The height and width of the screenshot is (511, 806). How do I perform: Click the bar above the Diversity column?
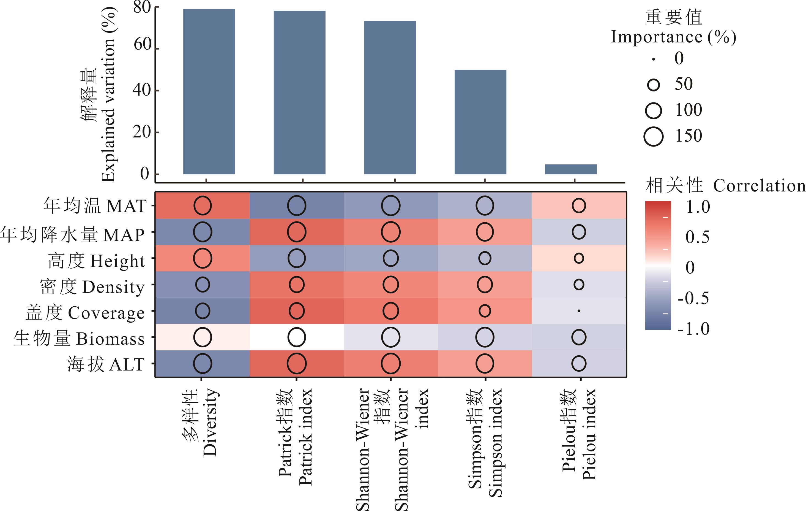pos(209,91)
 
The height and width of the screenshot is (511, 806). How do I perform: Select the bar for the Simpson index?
pos(480,122)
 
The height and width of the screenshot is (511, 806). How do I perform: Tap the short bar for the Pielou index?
pos(571,169)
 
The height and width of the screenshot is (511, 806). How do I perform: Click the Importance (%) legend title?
pos(673,37)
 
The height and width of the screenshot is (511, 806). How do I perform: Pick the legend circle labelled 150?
pos(653,136)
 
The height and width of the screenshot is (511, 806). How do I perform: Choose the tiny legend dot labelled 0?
pos(653,59)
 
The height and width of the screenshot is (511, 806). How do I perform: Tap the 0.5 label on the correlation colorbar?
pos(697,237)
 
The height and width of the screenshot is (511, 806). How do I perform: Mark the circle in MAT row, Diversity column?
pos(203,206)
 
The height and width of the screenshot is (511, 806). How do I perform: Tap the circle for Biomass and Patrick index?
pos(297,337)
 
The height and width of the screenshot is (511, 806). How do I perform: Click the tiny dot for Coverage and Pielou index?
pos(579,311)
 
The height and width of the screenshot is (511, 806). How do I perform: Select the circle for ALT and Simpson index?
pos(485,364)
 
